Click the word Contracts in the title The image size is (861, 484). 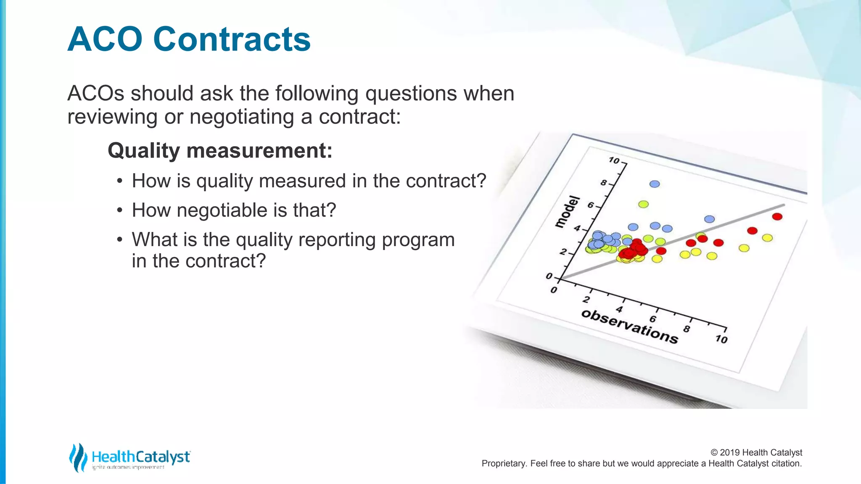(x=232, y=39)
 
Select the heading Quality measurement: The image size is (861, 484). (x=220, y=150)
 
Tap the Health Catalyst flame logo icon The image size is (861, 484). (x=78, y=457)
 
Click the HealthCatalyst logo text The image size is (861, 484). (x=141, y=457)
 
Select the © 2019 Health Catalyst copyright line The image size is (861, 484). (x=756, y=452)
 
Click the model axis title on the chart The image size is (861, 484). (x=568, y=212)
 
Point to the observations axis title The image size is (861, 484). (x=629, y=327)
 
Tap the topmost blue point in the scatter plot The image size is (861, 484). (x=655, y=184)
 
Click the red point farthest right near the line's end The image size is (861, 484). (x=777, y=217)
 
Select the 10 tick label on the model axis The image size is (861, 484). (x=614, y=160)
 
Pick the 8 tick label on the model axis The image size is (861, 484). (x=604, y=183)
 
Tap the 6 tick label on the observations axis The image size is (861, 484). (x=652, y=319)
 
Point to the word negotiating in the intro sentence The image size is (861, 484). (x=241, y=116)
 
